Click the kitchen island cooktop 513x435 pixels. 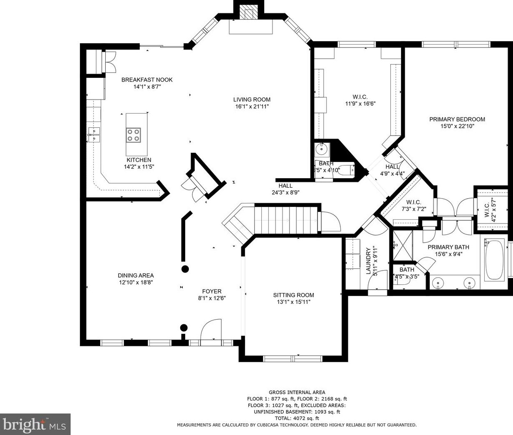(134, 135)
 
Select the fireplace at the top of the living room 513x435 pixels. (249, 14)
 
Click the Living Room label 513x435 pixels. (252, 99)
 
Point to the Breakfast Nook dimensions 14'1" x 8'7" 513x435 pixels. (147, 87)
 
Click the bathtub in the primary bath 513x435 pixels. (494, 259)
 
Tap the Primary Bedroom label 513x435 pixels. (457, 119)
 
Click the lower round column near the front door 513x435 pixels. (183, 327)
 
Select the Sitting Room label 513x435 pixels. (293, 295)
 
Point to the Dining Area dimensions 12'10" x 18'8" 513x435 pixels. (136, 283)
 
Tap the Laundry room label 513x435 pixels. (368, 261)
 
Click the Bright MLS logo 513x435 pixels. (35, 424)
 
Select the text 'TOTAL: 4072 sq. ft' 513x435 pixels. (297, 418)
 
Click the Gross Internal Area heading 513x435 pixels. (297, 392)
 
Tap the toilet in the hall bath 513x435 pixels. (345, 170)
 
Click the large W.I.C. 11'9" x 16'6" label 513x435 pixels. (360, 100)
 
